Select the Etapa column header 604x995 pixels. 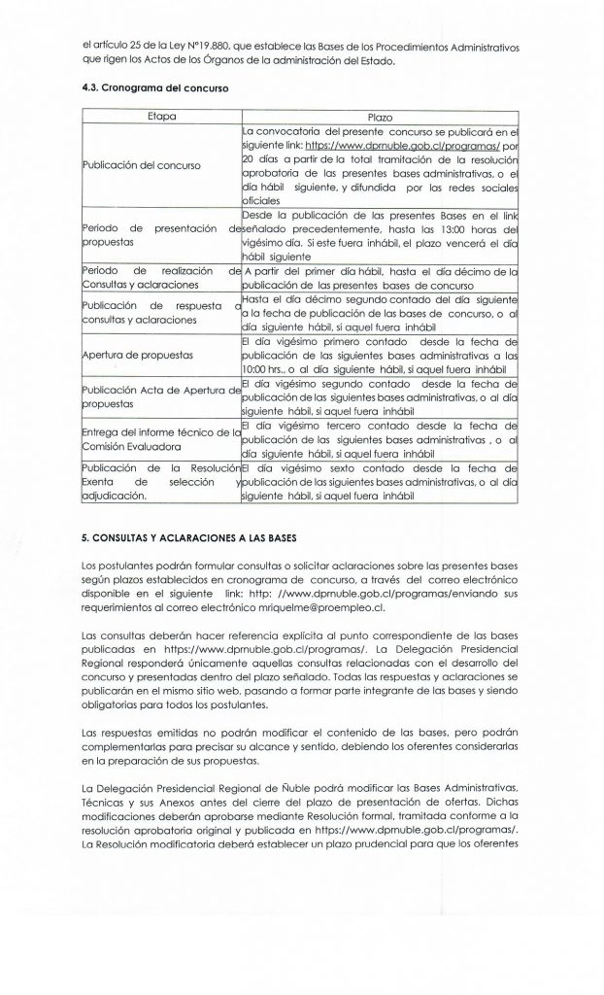(x=159, y=116)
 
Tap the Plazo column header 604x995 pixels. (x=380, y=116)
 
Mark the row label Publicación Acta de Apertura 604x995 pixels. (x=161, y=390)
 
